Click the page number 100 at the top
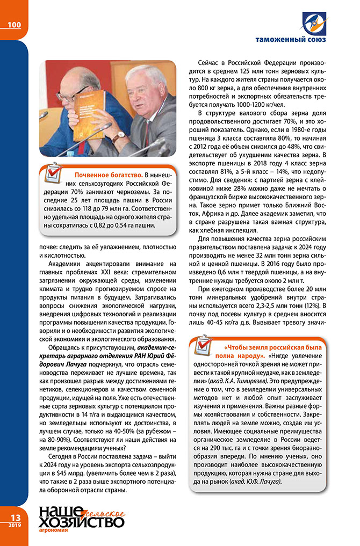[15, 25]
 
